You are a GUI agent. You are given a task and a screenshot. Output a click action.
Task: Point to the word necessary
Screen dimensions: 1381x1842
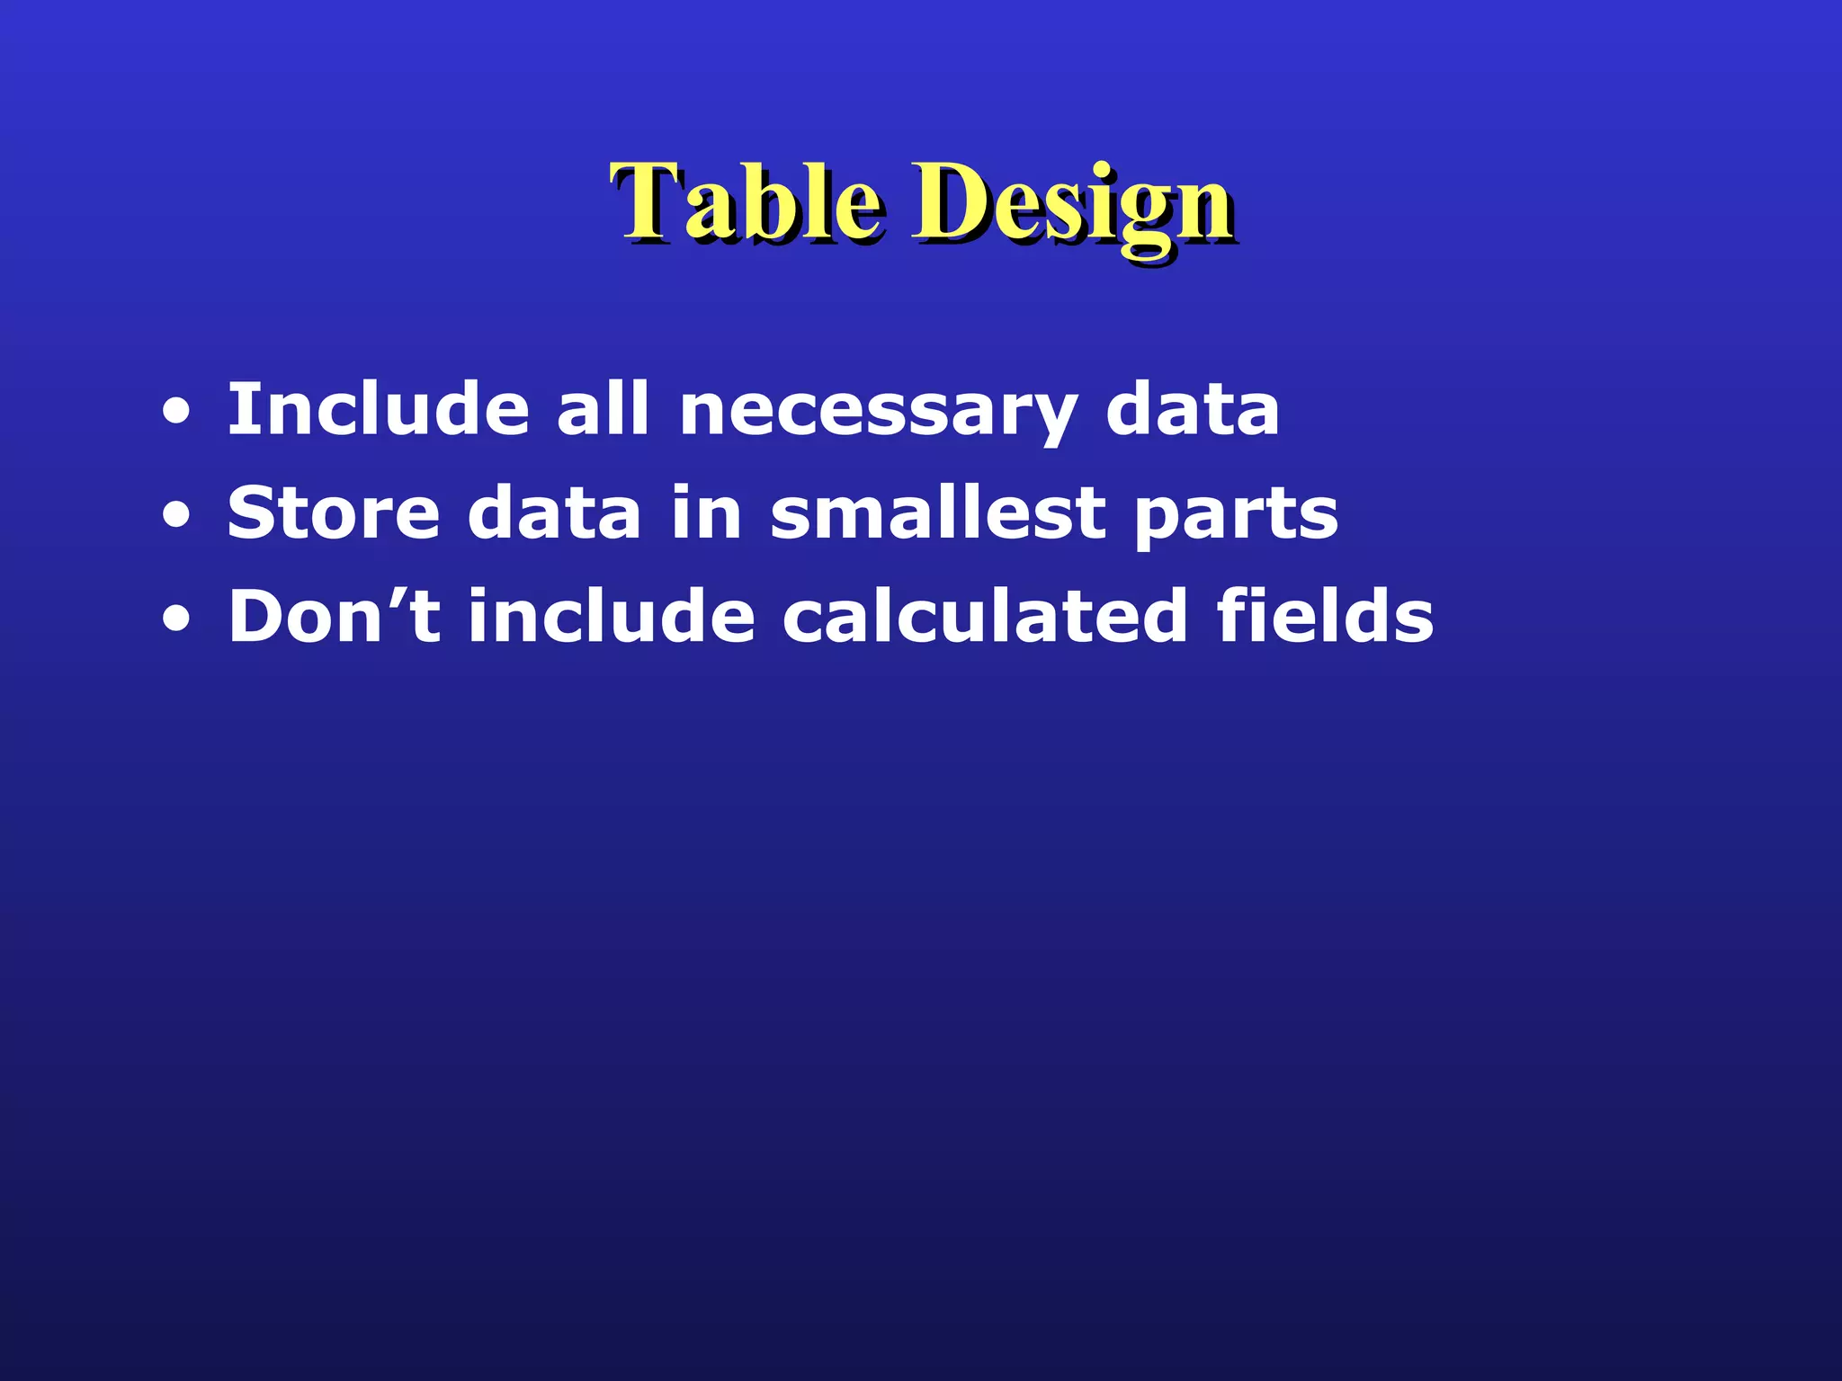pyautogui.click(x=878, y=414)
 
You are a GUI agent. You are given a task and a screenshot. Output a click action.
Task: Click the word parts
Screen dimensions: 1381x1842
pyautogui.click(x=1235, y=517)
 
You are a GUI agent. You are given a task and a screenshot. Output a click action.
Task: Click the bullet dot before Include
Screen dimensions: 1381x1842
pyautogui.click(x=176, y=414)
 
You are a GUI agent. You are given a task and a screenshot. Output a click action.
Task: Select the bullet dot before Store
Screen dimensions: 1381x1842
pyautogui.click(x=176, y=517)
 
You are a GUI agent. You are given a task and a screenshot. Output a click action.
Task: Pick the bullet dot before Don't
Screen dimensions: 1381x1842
pyautogui.click(x=176, y=620)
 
